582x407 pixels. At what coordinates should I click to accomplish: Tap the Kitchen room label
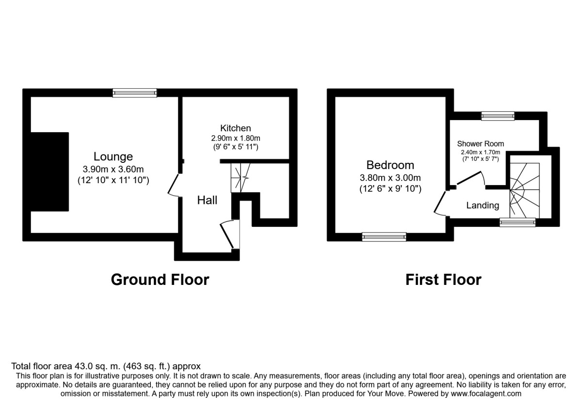[x=236, y=128]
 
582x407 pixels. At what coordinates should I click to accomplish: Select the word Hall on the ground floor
[x=207, y=200]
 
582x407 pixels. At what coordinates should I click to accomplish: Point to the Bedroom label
[x=390, y=165]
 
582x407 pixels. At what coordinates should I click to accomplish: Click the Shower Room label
[x=480, y=143]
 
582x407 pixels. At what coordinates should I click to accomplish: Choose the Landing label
[x=483, y=205]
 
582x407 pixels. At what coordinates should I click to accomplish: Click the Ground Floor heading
[x=160, y=280]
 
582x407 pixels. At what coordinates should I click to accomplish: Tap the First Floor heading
[x=443, y=280]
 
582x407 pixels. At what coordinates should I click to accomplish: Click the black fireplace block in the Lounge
[x=49, y=172]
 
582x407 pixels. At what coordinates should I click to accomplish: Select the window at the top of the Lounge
[x=135, y=93]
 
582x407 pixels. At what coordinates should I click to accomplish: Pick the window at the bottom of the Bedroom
[x=384, y=236]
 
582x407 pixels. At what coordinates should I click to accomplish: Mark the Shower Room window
[x=498, y=115]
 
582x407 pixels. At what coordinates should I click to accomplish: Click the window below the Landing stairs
[x=517, y=222]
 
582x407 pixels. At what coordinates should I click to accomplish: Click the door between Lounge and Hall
[x=174, y=185]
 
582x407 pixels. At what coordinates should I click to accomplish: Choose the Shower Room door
[x=469, y=178]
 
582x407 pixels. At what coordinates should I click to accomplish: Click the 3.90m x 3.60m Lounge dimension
[x=113, y=169]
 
